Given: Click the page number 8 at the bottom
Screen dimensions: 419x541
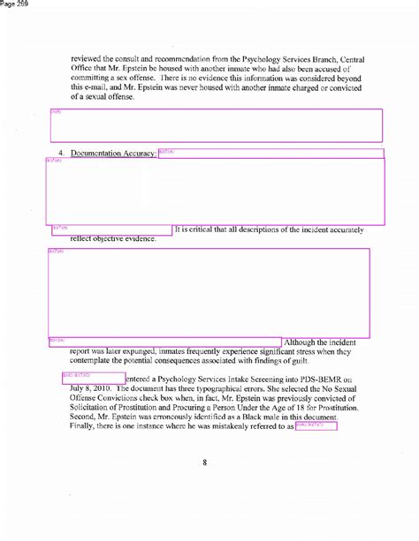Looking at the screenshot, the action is tap(204, 470).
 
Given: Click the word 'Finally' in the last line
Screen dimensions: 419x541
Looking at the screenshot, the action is tap(83, 429).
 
